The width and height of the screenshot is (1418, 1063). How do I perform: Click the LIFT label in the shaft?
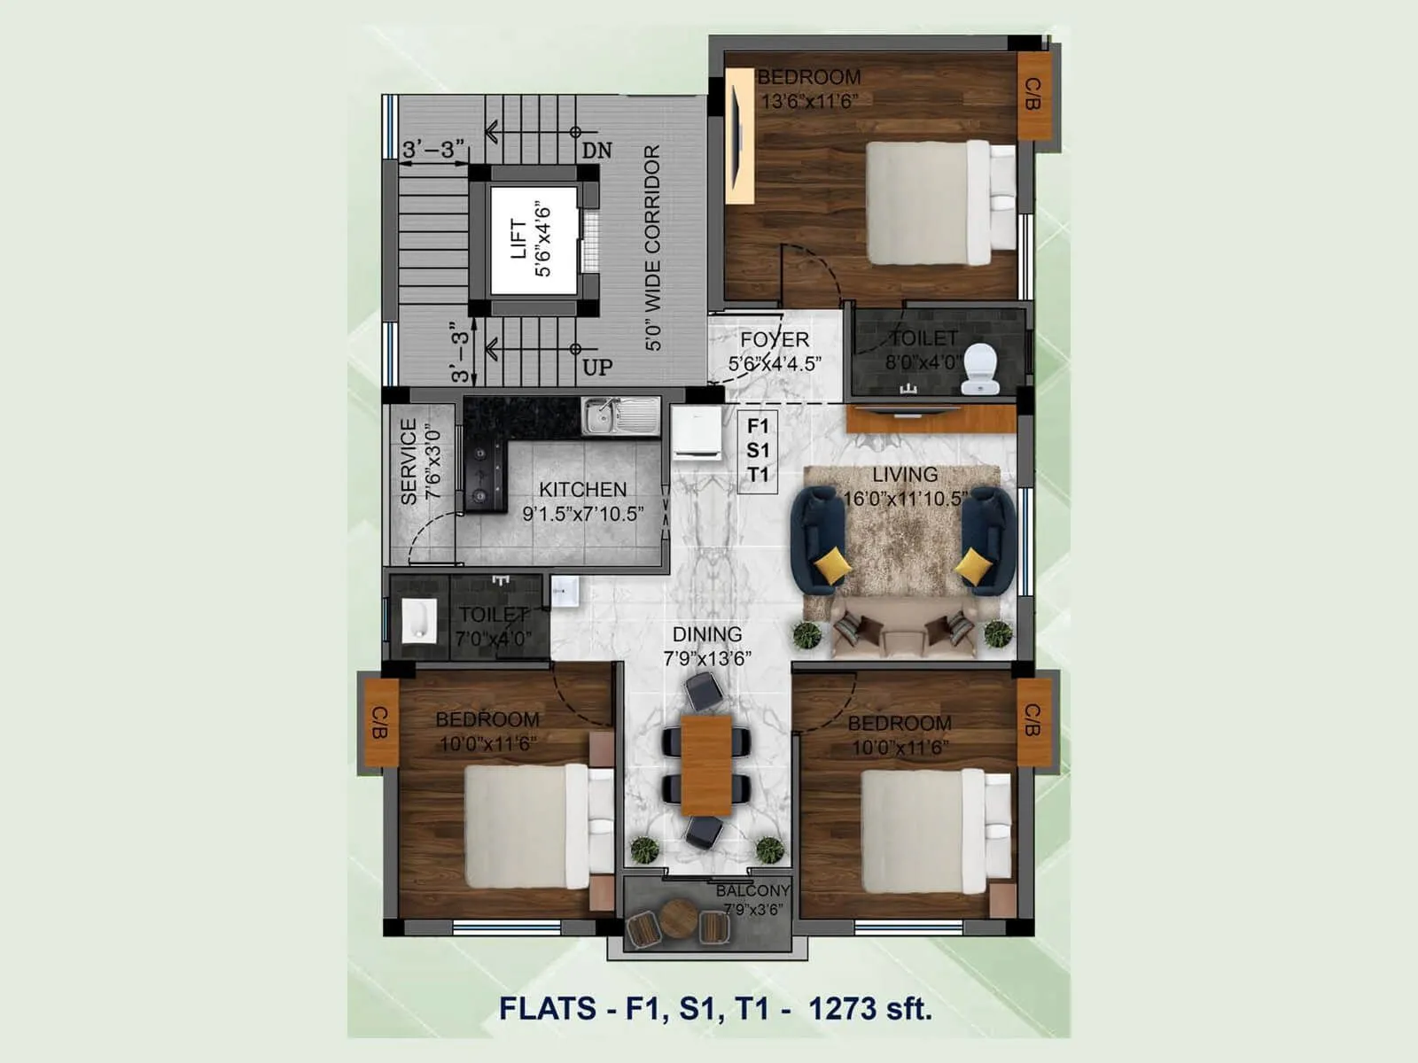tap(519, 239)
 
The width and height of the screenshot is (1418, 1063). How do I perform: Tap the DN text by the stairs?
tap(597, 151)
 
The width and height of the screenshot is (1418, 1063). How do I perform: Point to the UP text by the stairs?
tap(597, 367)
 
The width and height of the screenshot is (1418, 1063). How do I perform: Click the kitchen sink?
tap(621, 415)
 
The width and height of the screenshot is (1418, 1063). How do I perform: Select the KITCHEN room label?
tap(582, 489)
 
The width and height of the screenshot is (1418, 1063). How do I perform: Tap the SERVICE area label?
tap(409, 462)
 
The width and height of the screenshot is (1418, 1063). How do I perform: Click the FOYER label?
tap(775, 339)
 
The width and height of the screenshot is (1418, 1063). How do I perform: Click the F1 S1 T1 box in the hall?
tap(758, 451)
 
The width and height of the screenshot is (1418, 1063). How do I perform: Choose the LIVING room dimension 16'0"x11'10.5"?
tap(904, 499)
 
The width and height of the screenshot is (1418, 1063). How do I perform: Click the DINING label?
tap(706, 634)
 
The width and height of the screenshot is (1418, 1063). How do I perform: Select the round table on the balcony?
tap(678, 919)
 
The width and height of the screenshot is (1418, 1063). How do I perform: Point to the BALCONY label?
tap(752, 890)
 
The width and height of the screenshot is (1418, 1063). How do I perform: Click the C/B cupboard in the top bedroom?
tap(1033, 95)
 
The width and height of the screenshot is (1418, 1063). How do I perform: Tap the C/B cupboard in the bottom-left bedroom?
tap(381, 722)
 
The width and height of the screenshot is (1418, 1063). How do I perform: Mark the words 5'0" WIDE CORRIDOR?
tap(653, 248)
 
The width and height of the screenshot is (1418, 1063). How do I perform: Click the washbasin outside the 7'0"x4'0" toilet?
tap(565, 591)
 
